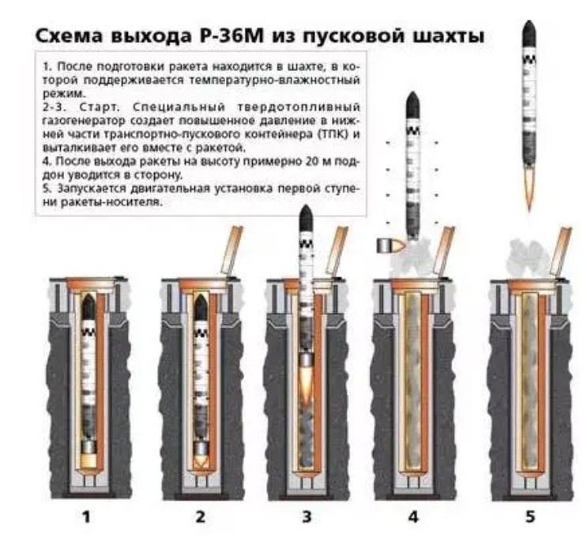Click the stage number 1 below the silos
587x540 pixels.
86,517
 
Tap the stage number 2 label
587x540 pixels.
201,517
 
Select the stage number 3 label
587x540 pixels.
307,517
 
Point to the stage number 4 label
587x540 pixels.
413,517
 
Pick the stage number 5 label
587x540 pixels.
530,517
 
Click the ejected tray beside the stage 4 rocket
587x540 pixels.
391,246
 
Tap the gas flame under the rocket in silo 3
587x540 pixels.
307,384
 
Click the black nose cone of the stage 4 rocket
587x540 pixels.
413,105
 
